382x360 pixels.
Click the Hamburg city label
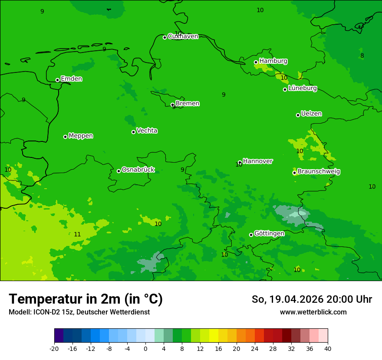(273, 61)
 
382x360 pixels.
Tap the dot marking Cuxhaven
(165, 37)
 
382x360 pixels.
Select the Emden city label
(71, 79)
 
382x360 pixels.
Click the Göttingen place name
(269, 233)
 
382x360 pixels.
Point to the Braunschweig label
(319, 171)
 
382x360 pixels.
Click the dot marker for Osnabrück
(119, 171)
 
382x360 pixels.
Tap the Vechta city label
(147, 131)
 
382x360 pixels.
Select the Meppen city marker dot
(65, 137)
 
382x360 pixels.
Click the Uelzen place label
(311, 114)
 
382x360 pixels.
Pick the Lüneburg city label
(302, 88)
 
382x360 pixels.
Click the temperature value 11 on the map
(77, 234)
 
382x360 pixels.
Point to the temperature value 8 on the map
(362, 56)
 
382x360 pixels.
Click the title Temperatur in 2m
(86, 299)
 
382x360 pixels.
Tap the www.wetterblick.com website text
(313, 312)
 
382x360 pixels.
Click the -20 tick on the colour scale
(54, 348)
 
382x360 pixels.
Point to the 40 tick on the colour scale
(328, 348)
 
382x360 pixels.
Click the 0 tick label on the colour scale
(145, 348)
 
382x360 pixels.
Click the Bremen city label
(187, 104)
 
